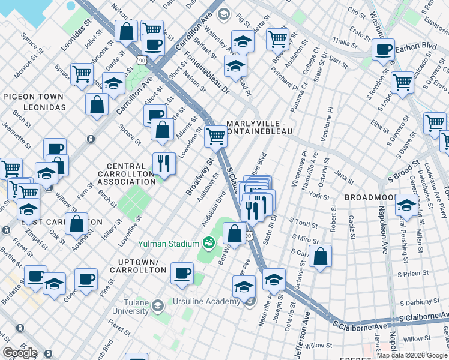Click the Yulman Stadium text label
click(168, 244)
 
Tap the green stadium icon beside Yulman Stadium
click(209, 243)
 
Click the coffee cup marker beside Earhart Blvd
click(382, 50)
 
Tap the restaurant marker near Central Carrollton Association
click(163, 162)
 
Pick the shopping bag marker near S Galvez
click(321, 256)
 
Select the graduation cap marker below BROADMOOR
click(406, 206)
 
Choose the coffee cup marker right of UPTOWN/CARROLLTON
click(181, 273)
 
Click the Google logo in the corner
click(19, 353)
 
